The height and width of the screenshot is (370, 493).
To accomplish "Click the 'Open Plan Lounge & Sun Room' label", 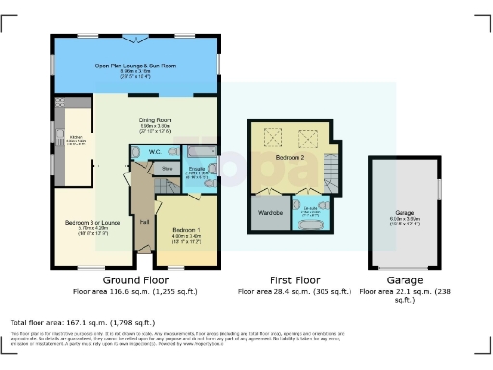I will (136, 65).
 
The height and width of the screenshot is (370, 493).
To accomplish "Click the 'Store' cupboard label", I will (166, 168).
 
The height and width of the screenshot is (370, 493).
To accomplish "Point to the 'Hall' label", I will (143, 222).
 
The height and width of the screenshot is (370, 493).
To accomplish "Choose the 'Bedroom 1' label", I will (186, 230).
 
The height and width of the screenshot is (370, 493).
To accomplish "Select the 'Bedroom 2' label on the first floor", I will (289, 155).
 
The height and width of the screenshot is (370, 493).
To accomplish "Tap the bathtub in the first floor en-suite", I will (310, 225).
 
